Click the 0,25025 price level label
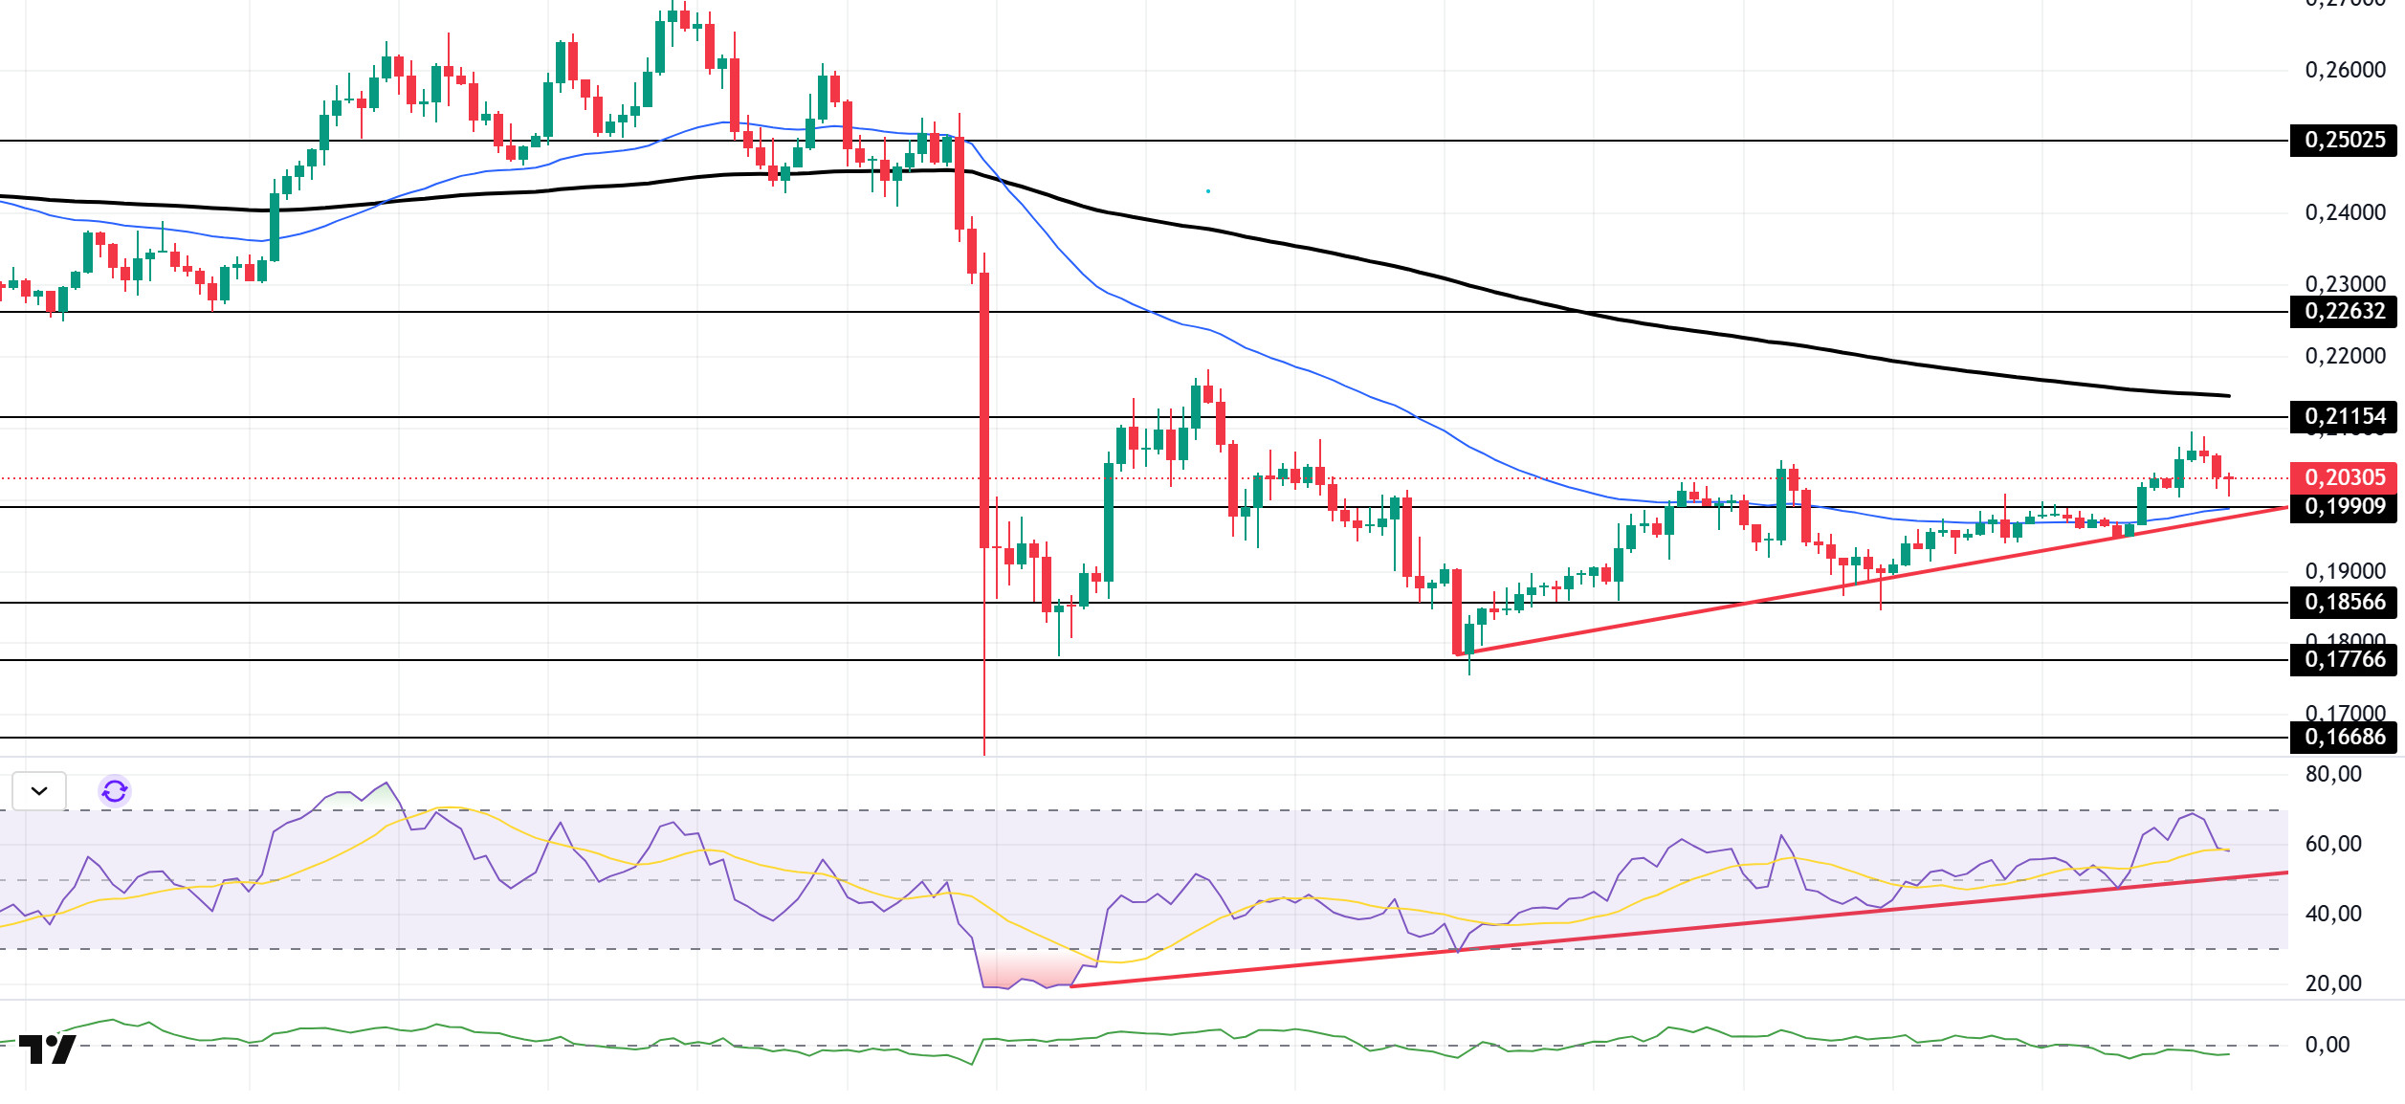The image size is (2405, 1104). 2344,141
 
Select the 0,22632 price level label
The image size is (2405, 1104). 2344,312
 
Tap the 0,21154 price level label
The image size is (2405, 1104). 2344,417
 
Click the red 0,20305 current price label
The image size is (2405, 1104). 2344,477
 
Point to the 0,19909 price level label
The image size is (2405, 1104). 2344,507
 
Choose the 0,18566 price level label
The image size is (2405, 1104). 2344,603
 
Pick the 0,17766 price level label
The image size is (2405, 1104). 2344,660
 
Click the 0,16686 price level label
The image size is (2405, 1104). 2344,738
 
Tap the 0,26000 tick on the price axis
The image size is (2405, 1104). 2345,70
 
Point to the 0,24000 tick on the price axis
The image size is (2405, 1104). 2345,212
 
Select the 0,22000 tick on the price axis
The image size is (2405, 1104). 2345,356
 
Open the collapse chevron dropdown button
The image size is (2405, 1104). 39,791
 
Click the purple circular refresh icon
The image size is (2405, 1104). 115,791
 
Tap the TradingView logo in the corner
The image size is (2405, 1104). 48,1049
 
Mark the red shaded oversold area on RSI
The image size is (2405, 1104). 1028,970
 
